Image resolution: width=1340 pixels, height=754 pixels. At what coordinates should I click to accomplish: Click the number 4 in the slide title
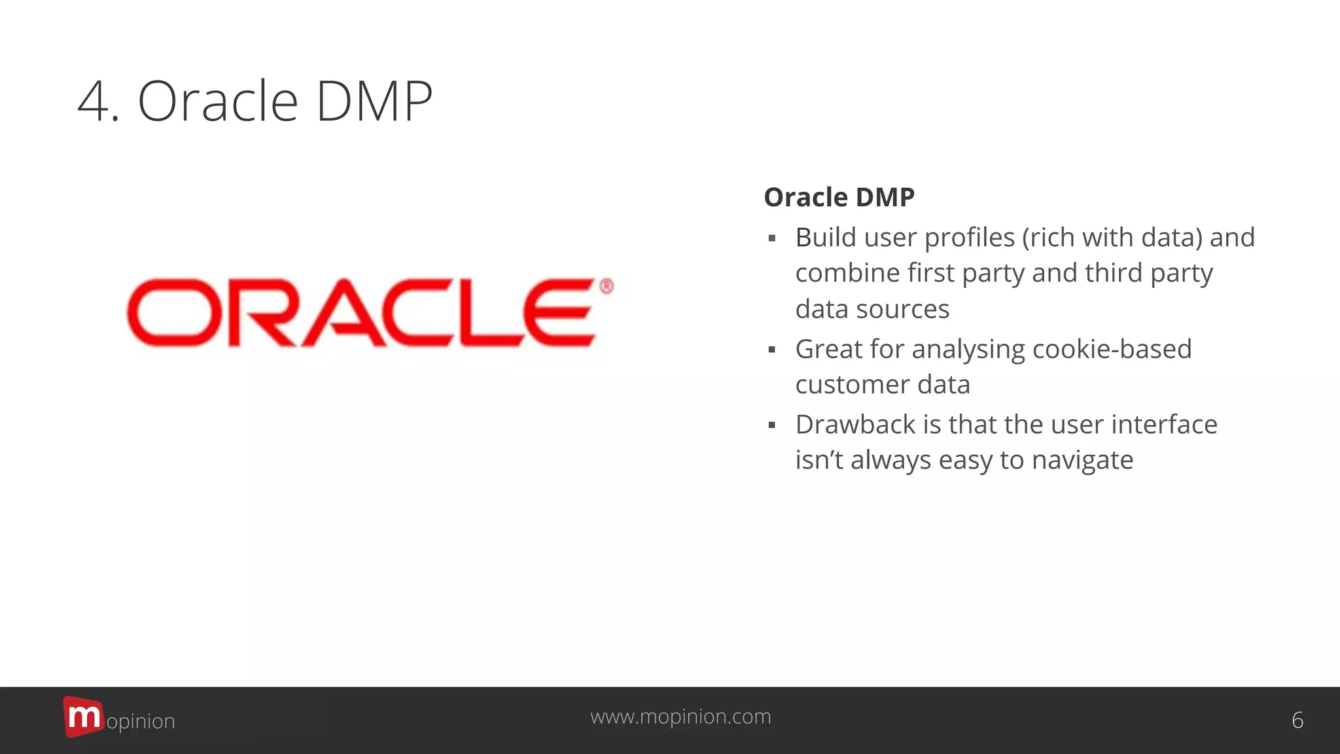[x=96, y=102]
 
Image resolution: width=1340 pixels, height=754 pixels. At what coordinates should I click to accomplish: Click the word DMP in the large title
[x=374, y=102]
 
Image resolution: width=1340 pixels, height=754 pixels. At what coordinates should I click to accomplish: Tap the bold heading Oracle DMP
[x=839, y=197]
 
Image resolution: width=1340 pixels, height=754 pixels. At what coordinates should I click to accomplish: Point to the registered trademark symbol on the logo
[x=607, y=286]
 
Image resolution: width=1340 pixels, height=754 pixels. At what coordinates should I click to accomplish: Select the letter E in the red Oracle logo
[x=559, y=312]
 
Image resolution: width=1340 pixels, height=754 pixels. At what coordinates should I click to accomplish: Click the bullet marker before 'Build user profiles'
[x=772, y=238]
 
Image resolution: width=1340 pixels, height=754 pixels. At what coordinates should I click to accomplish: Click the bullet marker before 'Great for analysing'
[x=772, y=350]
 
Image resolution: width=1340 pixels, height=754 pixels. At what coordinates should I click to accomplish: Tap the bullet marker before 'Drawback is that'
[x=772, y=425]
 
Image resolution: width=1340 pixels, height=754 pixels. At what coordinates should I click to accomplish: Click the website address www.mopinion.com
[x=680, y=717]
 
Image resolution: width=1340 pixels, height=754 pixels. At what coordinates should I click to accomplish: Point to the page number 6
[x=1297, y=720]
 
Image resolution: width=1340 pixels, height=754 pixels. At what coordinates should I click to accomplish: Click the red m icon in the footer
[x=83, y=716]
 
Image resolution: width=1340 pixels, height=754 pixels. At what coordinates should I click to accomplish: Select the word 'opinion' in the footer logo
[x=141, y=721]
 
